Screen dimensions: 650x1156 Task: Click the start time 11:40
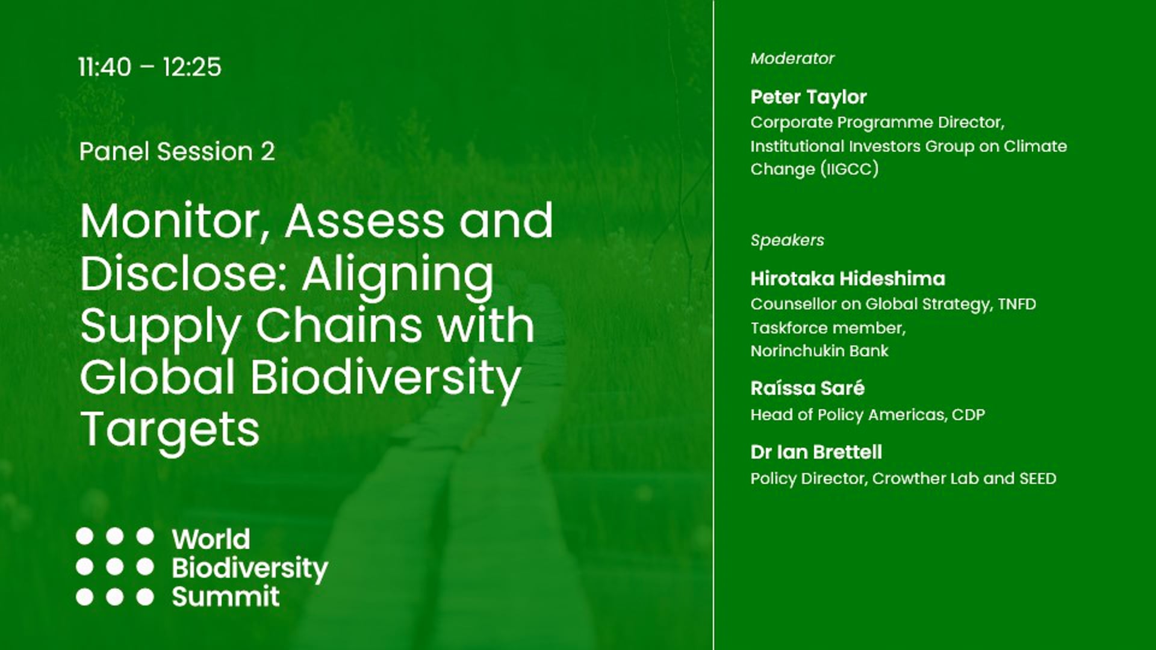105,67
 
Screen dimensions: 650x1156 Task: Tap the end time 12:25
191,67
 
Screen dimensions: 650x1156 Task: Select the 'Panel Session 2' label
177,151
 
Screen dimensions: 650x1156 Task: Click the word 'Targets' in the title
170,430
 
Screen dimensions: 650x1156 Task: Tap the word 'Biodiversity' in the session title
385,378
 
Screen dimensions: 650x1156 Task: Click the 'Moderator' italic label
792,58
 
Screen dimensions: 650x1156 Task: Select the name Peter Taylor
808,96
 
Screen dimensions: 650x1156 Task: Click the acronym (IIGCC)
850,169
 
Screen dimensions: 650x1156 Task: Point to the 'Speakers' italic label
787,240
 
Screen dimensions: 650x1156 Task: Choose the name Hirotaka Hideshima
847,278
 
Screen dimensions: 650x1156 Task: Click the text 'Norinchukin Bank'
819,351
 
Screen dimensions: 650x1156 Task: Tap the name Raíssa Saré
807,388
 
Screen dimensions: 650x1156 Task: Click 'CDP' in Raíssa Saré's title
968,415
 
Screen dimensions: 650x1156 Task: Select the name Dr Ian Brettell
816,452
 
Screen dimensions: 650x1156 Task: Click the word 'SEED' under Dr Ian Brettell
1037,478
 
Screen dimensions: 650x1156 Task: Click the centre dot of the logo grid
114,566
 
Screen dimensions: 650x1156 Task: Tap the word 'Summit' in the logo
226,596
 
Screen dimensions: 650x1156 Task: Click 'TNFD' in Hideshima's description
1016,304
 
